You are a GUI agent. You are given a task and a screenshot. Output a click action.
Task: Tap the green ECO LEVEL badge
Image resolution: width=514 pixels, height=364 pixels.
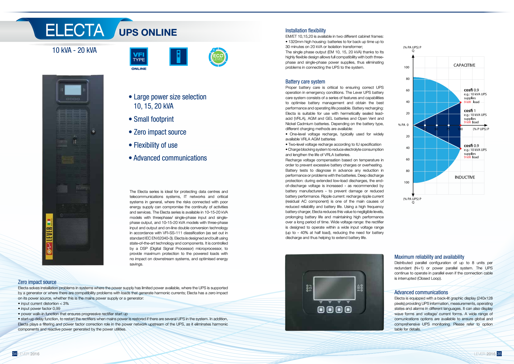[x=218, y=57]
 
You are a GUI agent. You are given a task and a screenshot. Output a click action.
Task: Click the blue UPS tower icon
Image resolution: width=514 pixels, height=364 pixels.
[x=178, y=57]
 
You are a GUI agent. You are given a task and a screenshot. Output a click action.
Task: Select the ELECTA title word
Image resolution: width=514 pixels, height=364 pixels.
[x=75, y=30]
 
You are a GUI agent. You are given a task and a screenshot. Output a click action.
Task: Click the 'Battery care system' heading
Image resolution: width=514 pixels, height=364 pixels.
[x=305, y=82]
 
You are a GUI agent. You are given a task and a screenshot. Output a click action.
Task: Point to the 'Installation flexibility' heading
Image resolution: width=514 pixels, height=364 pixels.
[x=305, y=30]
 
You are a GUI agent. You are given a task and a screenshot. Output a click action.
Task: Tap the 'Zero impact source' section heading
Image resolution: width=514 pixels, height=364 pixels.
[x=37, y=282]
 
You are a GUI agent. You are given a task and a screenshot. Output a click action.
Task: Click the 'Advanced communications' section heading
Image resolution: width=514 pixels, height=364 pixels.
[x=421, y=292]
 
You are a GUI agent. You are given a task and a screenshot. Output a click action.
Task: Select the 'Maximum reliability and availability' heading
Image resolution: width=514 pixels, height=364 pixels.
[x=429, y=257]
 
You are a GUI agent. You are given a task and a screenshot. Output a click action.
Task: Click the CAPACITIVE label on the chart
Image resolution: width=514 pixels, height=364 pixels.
[x=464, y=65]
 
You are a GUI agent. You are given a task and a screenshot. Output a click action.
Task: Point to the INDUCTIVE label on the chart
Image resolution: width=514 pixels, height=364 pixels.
[x=465, y=177]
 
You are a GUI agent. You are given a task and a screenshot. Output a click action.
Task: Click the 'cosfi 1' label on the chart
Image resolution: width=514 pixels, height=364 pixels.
[x=470, y=111]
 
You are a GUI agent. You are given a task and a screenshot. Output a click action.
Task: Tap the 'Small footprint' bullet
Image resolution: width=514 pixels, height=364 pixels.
[x=154, y=119]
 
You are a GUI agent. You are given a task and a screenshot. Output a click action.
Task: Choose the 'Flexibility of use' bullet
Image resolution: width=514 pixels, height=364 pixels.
[x=156, y=145]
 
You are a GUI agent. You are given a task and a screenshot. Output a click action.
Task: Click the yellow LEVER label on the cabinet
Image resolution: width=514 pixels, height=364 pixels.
[x=49, y=236]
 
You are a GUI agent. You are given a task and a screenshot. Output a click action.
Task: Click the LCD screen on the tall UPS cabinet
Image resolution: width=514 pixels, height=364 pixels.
[x=73, y=90]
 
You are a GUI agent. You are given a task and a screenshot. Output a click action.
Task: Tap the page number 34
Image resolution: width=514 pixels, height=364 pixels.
[x=15, y=354]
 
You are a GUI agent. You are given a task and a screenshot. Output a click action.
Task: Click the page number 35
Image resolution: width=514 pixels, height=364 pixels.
[x=499, y=354]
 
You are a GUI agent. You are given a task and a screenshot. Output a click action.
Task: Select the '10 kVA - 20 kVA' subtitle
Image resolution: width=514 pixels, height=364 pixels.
[x=74, y=50]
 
